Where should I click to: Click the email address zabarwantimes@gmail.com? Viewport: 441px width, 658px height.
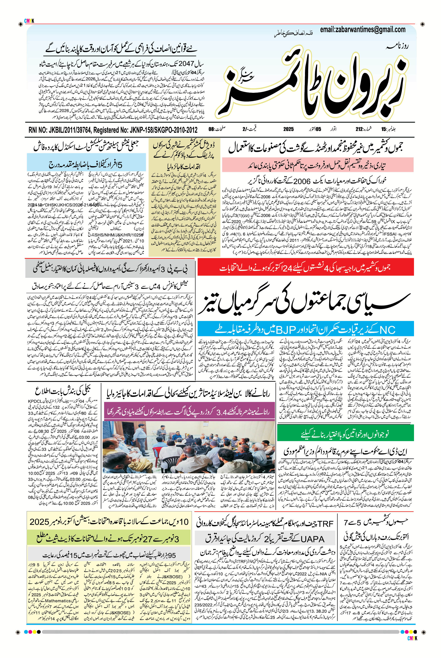[x=362, y=29]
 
